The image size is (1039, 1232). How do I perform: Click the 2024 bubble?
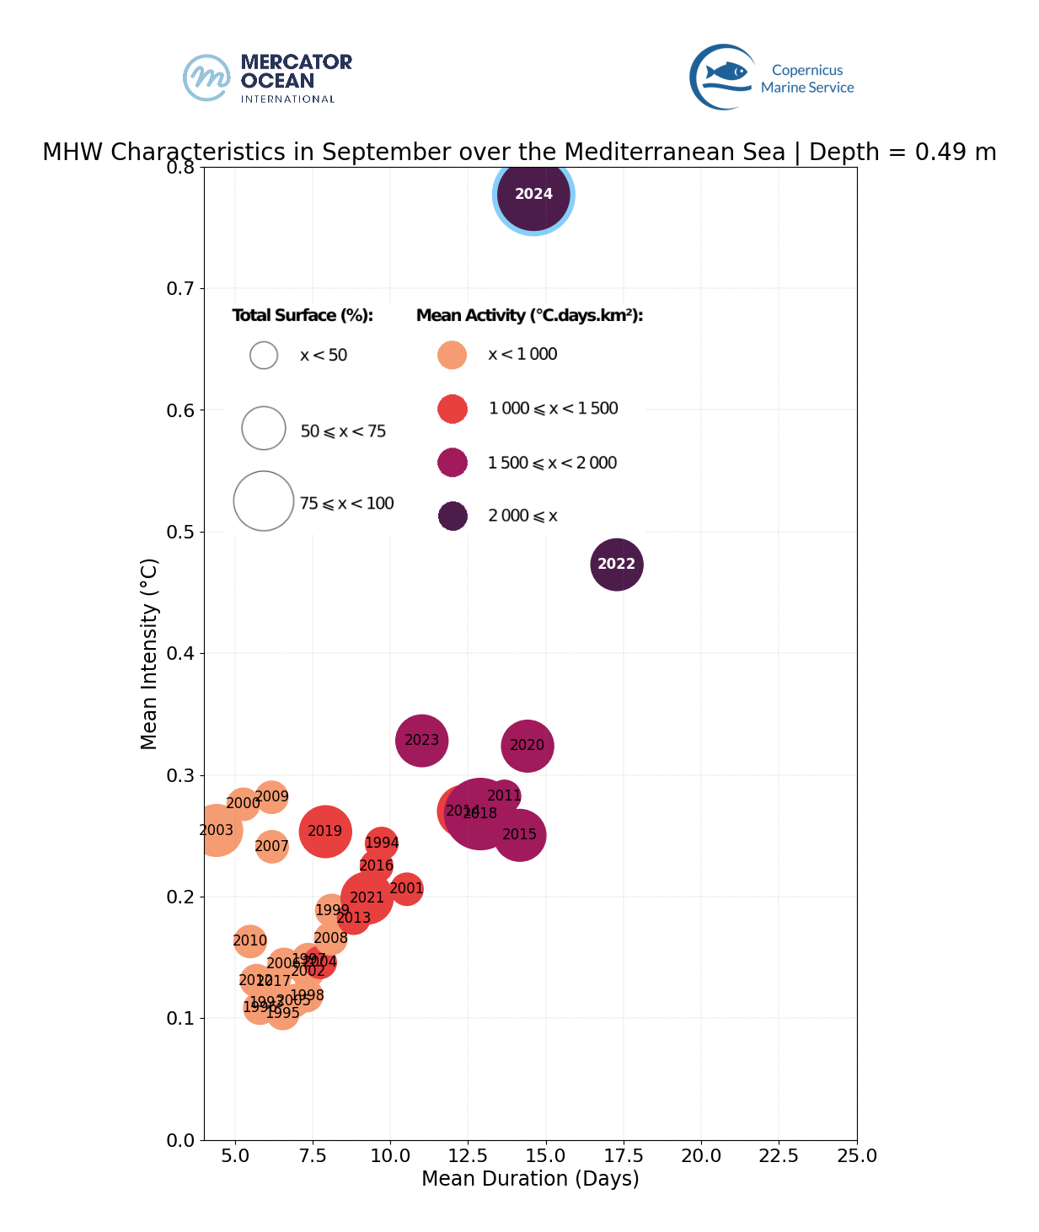tap(533, 195)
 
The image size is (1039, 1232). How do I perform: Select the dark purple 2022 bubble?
tap(617, 565)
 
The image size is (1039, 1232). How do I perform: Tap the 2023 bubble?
tap(421, 741)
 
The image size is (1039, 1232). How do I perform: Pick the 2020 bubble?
tap(528, 746)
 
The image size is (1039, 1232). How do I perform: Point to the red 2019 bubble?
tap(324, 832)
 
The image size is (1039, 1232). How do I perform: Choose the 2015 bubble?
tap(520, 835)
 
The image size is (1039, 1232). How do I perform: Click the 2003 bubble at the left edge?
tap(217, 831)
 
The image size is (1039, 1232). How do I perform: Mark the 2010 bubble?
tap(249, 941)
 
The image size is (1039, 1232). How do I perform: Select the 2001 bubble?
tap(407, 889)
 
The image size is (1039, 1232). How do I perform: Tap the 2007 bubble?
tap(271, 846)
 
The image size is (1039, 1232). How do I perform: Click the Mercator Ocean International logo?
tap(268, 78)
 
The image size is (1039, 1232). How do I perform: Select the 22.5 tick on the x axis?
tap(779, 1155)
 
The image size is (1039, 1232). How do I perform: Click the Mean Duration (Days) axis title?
tap(530, 1179)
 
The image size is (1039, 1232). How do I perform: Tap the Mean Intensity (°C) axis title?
tap(149, 653)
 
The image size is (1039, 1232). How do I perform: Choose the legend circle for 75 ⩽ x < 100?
tap(264, 501)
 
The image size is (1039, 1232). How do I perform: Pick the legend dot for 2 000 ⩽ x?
tap(453, 516)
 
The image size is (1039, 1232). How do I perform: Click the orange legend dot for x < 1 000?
tap(453, 355)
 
